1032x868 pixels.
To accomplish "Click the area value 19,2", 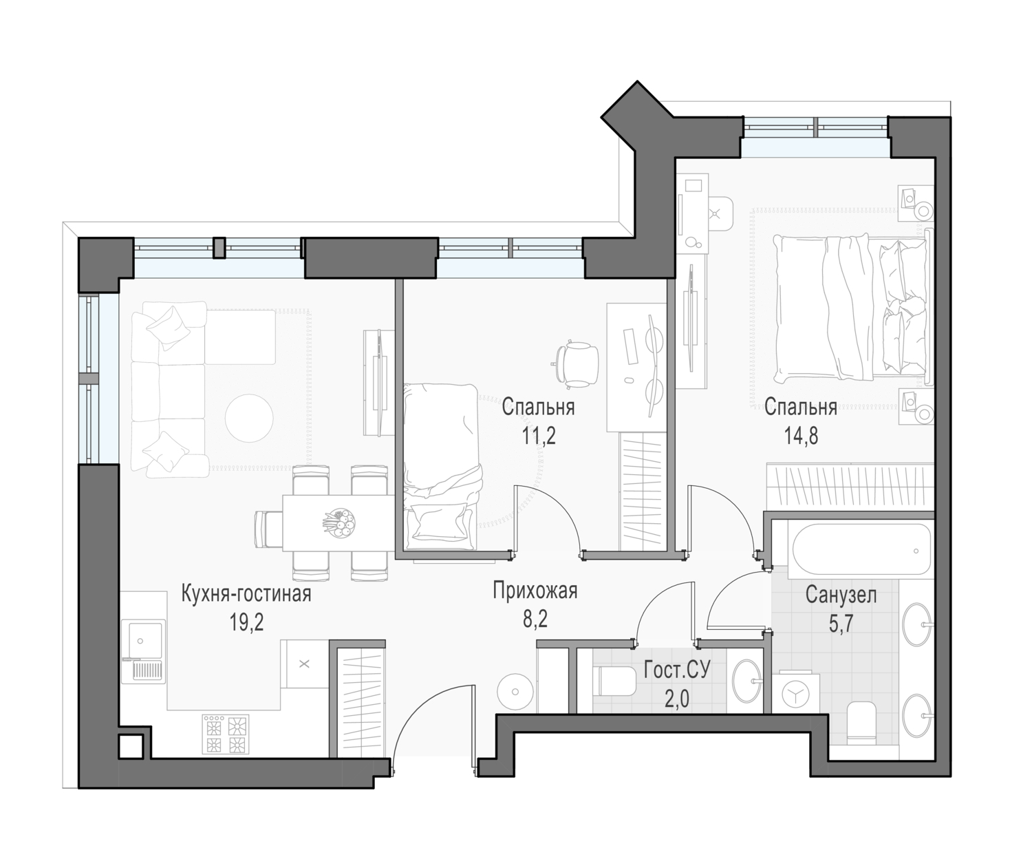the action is tap(246, 623).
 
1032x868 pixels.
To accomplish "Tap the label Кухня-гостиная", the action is tap(246, 593).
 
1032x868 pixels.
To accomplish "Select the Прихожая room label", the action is tap(535, 591).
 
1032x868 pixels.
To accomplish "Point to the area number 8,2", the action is tap(535, 619).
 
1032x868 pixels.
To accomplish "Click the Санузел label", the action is tap(841, 595).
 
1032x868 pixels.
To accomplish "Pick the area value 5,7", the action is tap(841, 624).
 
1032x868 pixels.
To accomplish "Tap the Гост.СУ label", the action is tap(677, 670).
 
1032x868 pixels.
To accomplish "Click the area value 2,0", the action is tap(676, 700).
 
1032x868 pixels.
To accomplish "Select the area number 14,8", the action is tap(801, 436).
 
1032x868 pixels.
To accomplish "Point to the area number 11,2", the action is tap(539, 436).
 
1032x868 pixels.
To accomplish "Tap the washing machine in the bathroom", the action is tap(797, 695).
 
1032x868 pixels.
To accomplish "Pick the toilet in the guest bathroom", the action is tap(617, 681).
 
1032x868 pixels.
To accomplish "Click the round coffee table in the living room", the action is tap(249, 418).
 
